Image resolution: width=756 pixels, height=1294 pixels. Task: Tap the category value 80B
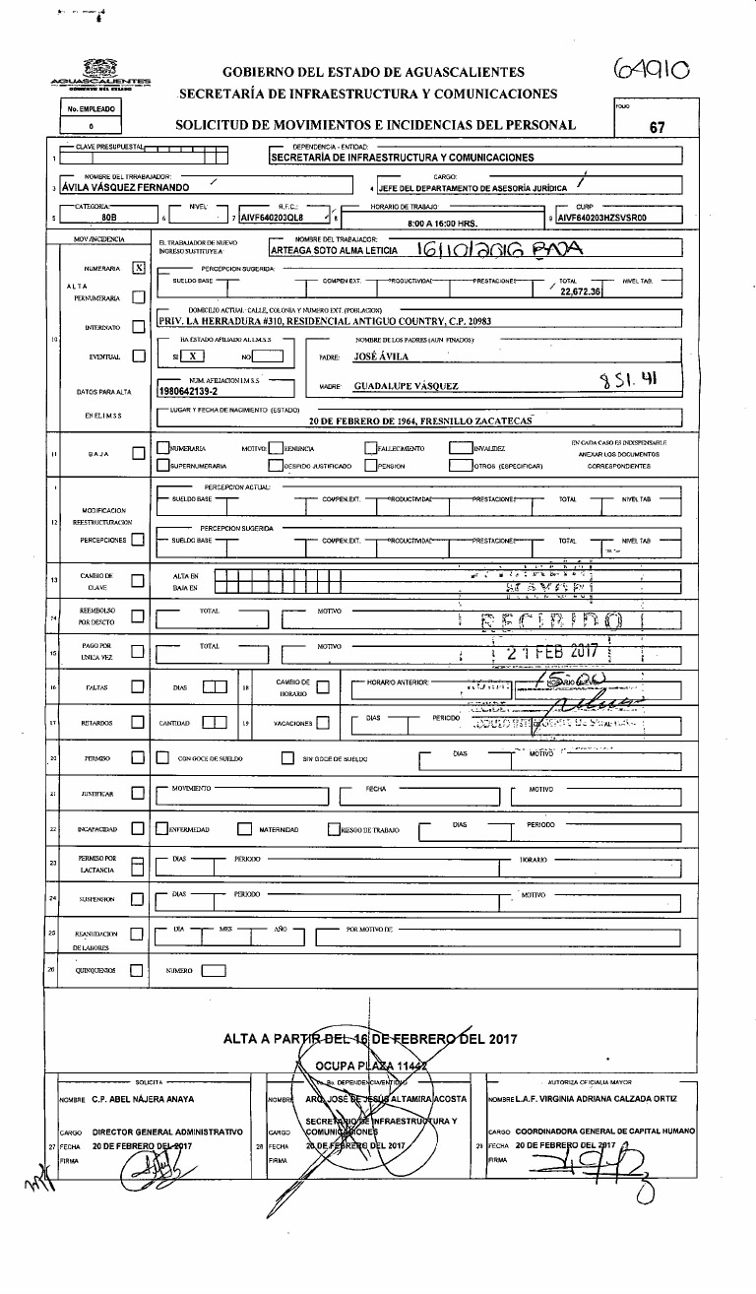pos(102,219)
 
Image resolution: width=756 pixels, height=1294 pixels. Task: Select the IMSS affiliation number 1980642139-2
pos(193,390)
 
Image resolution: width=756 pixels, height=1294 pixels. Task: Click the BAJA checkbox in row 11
pos(139,453)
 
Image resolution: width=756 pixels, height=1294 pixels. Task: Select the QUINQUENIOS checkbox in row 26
pos(139,970)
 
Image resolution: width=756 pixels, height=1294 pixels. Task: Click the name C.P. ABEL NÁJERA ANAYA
pos(132,1099)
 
